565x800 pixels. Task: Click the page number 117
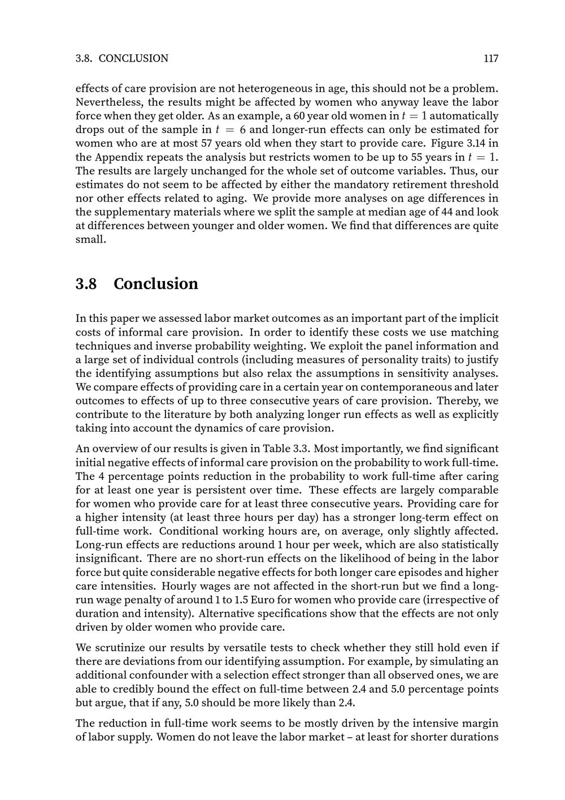pyautogui.click(x=490, y=58)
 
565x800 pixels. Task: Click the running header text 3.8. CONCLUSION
pyautogui.click(x=122, y=58)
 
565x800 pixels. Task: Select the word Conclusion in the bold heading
pyautogui.click(x=156, y=283)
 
